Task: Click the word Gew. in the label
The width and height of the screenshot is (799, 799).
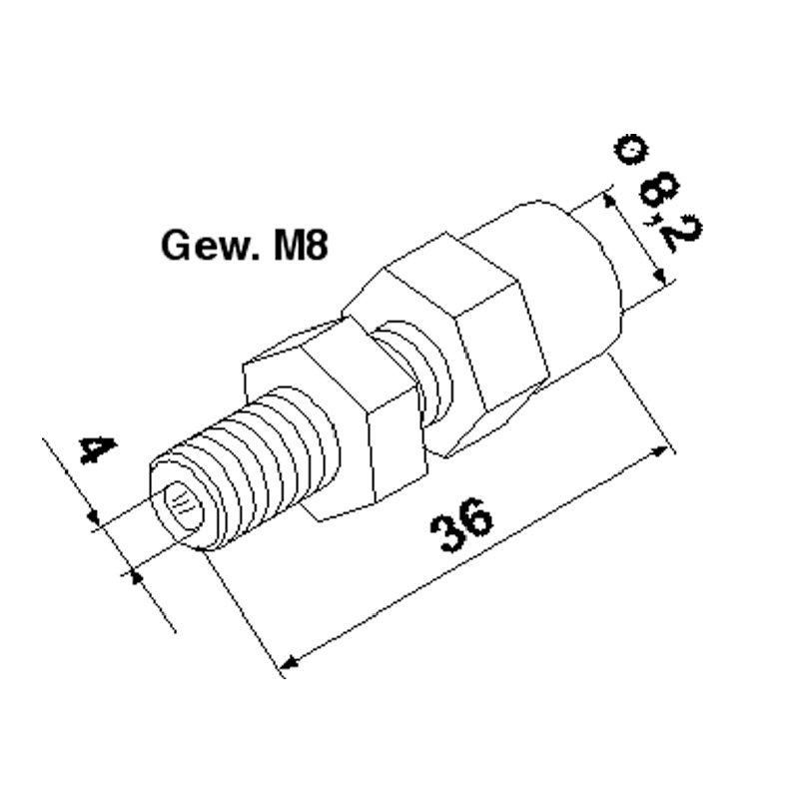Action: pyautogui.click(x=205, y=246)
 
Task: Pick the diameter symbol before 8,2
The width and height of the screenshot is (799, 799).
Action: pyautogui.click(x=630, y=151)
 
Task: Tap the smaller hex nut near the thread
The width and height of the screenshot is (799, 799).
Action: pyautogui.click(x=340, y=419)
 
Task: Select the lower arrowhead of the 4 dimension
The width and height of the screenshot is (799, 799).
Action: pyautogui.click(x=134, y=573)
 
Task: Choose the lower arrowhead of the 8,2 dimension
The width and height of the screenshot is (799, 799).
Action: pyautogui.click(x=655, y=278)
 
